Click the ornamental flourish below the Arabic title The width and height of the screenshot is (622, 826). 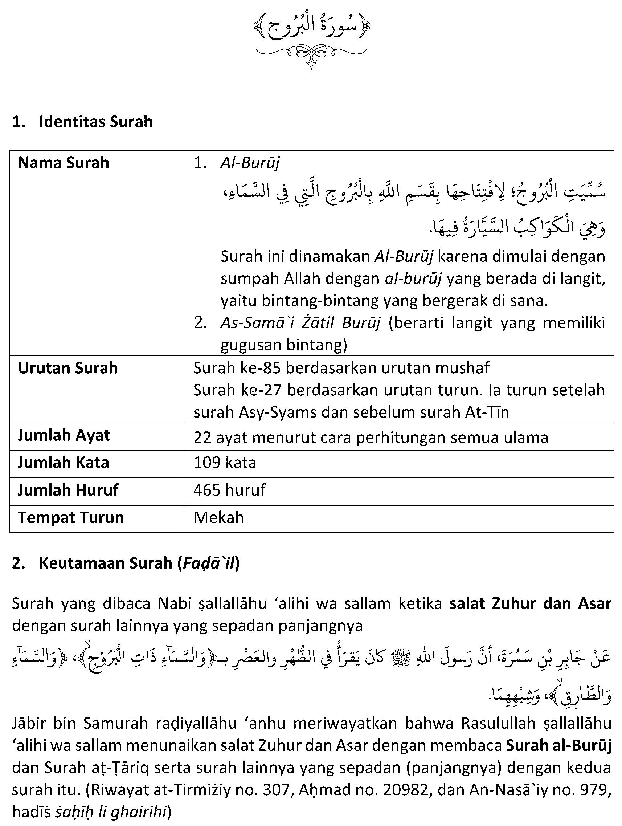(311, 56)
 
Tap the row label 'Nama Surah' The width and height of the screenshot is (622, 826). (64, 163)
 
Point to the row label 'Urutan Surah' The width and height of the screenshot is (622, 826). (67, 368)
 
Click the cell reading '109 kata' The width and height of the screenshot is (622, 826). (225, 463)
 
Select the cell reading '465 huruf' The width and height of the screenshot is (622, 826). (229, 490)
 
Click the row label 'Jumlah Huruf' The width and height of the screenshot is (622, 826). (68, 490)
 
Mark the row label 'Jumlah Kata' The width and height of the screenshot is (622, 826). (64, 463)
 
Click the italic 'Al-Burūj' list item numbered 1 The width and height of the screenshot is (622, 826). (250, 163)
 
